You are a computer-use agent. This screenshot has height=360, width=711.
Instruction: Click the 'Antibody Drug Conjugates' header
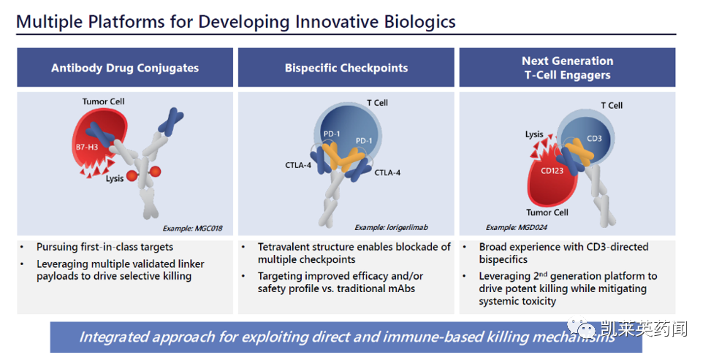coord(125,68)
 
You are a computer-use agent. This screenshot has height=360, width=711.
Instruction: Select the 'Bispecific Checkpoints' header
coord(346,68)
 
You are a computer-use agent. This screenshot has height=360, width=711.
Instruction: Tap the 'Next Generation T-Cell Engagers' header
coord(567,68)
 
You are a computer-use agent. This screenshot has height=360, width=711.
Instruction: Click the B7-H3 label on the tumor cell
coord(87,147)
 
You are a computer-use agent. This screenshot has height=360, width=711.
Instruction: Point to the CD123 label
coord(552,170)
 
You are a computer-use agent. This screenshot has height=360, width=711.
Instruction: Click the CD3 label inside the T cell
coord(594,138)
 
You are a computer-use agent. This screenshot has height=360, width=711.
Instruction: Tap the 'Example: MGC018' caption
coord(192,228)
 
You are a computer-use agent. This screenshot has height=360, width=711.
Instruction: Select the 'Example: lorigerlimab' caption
coord(391,227)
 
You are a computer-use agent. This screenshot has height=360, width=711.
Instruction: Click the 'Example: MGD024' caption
coord(516,227)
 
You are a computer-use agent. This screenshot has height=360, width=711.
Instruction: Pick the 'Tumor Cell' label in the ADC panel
coord(103,102)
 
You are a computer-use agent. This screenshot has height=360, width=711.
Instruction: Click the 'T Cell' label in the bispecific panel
coord(377,103)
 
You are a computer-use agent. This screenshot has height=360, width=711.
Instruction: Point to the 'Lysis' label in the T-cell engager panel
coord(534,134)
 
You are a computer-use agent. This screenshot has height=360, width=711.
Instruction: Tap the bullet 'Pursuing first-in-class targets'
coord(104,247)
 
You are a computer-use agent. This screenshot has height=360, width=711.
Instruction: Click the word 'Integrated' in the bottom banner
coord(113,337)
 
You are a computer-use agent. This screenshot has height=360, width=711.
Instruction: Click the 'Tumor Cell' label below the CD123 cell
coord(547,212)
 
